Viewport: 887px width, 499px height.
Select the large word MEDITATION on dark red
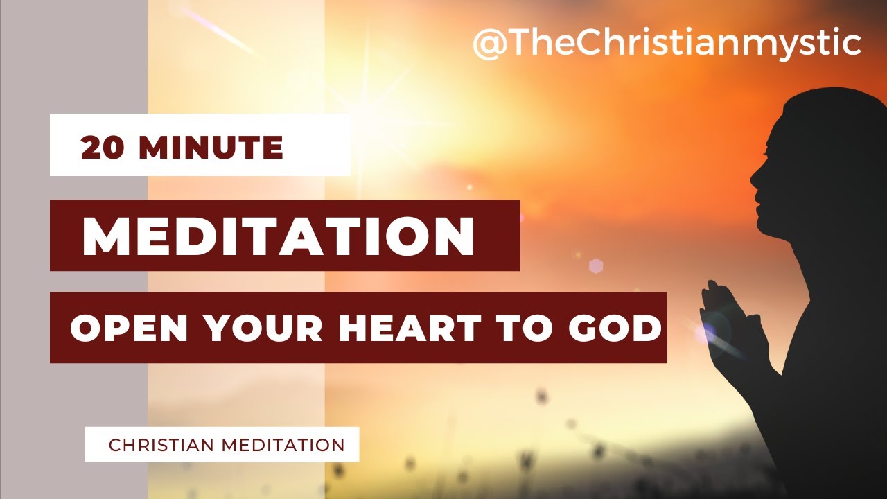point(278,237)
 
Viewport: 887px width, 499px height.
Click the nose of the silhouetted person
point(753,176)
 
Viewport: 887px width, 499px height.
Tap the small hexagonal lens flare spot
point(595,265)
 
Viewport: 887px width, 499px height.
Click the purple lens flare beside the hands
point(707,331)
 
